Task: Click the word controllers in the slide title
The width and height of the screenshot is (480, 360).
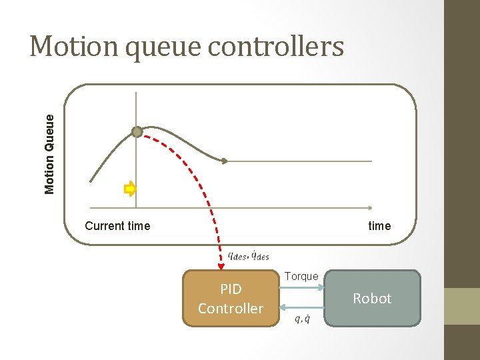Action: [280, 47]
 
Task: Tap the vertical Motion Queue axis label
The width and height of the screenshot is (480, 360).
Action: [50, 153]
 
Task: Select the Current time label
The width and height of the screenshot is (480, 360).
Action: [117, 226]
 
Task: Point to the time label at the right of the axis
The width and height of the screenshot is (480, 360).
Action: [379, 226]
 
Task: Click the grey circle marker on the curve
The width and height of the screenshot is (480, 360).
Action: [137, 132]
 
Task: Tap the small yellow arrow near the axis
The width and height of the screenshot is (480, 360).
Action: [130, 189]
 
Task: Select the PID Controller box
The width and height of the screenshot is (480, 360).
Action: [231, 299]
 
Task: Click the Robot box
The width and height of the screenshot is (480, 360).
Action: [372, 299]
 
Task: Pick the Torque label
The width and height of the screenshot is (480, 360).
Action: [301, 276]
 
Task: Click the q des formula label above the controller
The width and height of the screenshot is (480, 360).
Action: [248, 255]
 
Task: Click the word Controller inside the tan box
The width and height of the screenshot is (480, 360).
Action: [231, 309]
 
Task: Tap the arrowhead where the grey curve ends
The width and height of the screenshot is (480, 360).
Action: [225, 161]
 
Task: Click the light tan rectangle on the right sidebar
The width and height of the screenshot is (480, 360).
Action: [462, 306]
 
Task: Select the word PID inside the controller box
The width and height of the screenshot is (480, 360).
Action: [231, 289]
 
